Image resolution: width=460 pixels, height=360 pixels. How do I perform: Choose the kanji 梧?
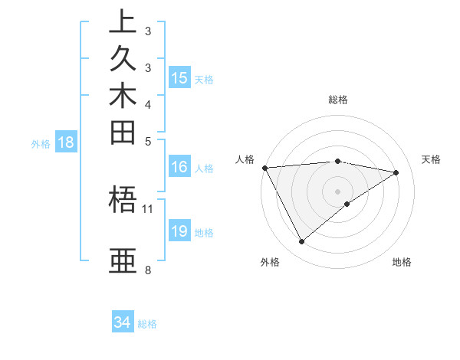click(123, 201)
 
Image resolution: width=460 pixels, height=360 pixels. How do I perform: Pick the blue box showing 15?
click(179, 78)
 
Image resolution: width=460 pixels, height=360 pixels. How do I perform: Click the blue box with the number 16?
click(179, 168)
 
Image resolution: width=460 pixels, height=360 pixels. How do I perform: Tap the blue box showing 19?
click(179, 232)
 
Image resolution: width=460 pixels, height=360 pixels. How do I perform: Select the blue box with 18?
click(66, 142)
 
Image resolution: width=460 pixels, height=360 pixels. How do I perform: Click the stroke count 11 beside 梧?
click(148, 208)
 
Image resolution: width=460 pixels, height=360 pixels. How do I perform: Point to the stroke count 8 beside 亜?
click(147, 270)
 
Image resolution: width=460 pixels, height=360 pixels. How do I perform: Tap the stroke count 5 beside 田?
click(147, 141)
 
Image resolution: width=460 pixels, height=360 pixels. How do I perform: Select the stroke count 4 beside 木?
click(147, 104)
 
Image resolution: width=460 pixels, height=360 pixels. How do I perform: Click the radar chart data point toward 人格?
click(264, 167)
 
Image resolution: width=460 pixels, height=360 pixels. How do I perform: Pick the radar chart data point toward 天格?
click(396, 172)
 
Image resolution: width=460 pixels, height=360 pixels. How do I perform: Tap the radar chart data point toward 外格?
click(301, 242)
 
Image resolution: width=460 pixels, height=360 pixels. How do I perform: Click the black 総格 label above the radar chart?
click(338, 100)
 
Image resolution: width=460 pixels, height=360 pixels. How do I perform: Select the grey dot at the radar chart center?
click(338, 191)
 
